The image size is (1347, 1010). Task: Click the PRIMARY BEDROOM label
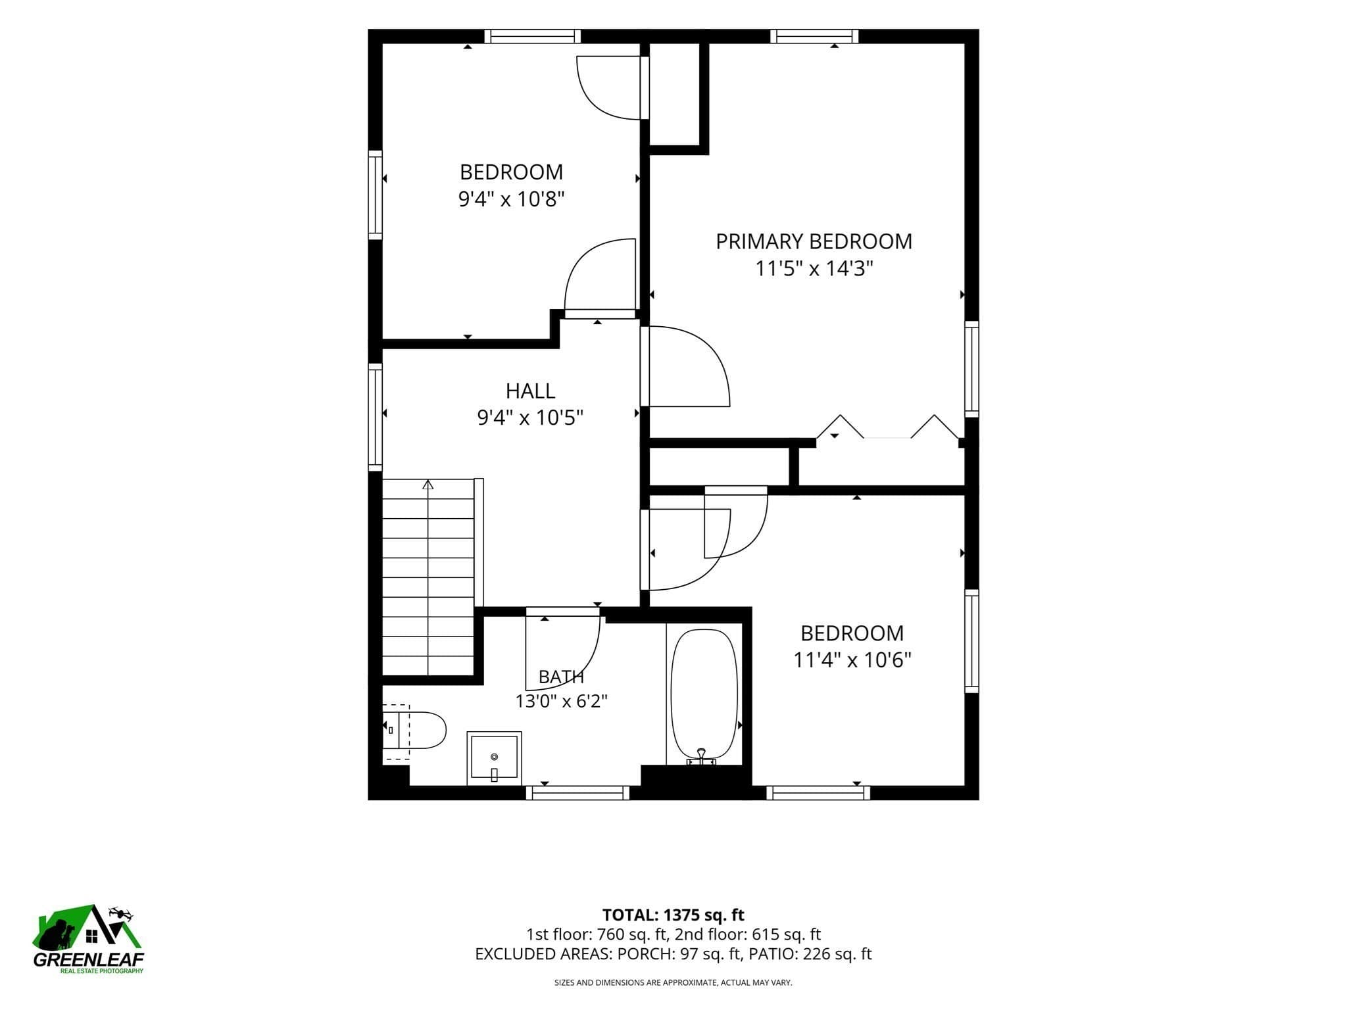tap(814, 241)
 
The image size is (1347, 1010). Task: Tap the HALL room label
tap(530, 391)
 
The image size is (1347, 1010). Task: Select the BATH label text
tap(561, 677)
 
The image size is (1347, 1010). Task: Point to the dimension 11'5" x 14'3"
tap(814, 268)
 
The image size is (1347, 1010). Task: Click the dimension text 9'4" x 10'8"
tap(511, 199)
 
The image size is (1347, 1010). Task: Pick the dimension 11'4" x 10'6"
tap(852, 660)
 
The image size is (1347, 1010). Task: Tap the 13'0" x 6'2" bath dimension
tap(561, 701)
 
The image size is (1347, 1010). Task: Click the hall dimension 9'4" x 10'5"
tap(530, 417)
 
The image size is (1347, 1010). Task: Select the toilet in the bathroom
tap(414, 730)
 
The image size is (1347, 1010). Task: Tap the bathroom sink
tap(494, 758)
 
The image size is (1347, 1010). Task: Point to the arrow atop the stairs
tap(428, 485)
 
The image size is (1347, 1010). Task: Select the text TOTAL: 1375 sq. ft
tap(673, 915)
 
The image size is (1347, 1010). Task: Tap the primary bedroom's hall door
tap(685, 366)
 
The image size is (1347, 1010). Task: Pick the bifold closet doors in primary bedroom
tap(887, 427)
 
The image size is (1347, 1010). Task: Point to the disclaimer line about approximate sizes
tap(673, 982)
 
